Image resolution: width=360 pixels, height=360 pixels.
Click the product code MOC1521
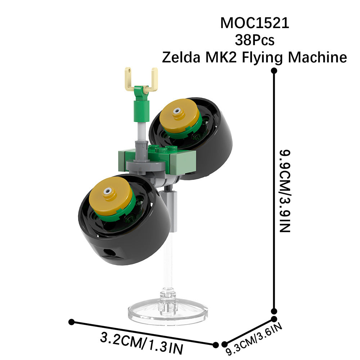[x=255, y=23]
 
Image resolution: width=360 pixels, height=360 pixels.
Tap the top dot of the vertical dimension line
[x=274, y=71]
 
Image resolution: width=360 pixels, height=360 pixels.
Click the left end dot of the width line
[x=72, y=322]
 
